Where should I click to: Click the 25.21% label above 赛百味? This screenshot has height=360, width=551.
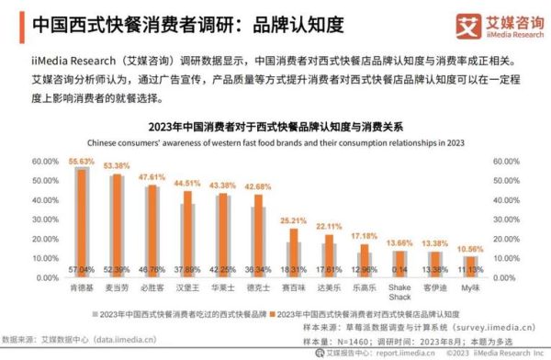pyautogui.click(x=293, y=220)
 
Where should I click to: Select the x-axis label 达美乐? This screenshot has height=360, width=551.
pyautogui.click(x=329, y=285)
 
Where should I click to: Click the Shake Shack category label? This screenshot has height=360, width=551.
pyautogui.click(x=399, y=289)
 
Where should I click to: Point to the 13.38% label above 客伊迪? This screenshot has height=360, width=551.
pyautogui.click(x=435, y=243)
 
